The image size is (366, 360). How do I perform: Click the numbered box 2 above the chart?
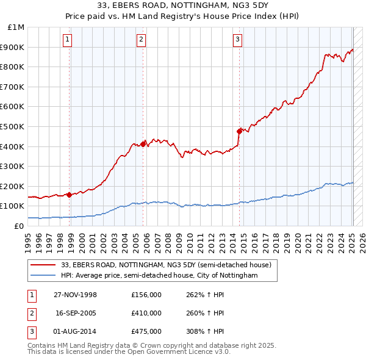pyautogui.click(x=141, y=40)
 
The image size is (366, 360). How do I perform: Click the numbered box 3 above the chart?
pyautogui.click(x=237, y=40)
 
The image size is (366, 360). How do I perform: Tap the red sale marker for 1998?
pyautogui.click(x=70, y=195)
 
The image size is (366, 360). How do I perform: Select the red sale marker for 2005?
pyautogui.click(x=143, y=144)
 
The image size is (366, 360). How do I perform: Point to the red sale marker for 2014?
pyautogui.click(x=240, y=131)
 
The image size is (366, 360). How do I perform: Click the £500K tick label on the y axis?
pyautogui.click(x=13, y=126)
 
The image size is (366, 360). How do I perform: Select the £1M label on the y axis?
pyautogui.click(x=16, y=27)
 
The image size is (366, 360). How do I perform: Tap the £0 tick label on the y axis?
pyautogui.click(x=18, y=226)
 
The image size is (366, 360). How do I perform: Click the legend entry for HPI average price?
pyautogui.click(x=159, y=276)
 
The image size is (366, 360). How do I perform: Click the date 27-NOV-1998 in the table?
pyautogui.click(x=76, y=295)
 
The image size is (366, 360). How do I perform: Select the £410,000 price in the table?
pyautogui.click(x=146, y=313)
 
